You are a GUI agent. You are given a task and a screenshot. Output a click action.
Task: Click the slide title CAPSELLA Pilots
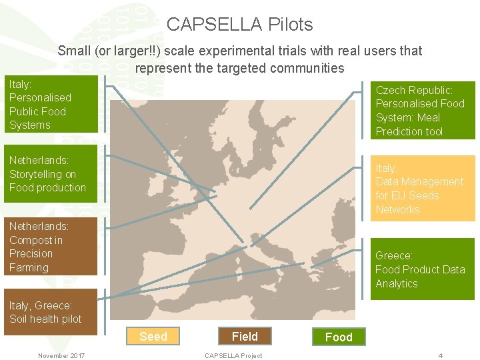pos(239,25)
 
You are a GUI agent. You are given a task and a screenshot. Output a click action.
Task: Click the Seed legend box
pos(153,337)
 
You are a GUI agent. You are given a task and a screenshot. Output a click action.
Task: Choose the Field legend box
pos(245,337)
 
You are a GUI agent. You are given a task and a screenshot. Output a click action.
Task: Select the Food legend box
pos(339,337)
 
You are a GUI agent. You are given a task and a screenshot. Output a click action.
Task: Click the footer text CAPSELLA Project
pos(233,355)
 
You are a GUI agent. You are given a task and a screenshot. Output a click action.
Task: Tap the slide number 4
pos(441,355)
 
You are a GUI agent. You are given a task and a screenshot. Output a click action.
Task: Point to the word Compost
pos(31,240)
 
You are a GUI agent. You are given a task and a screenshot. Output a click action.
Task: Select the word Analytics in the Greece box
pos(397,283)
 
